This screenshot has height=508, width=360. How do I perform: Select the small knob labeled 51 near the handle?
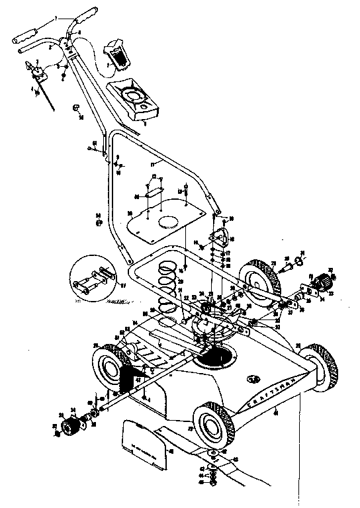(76, 108)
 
